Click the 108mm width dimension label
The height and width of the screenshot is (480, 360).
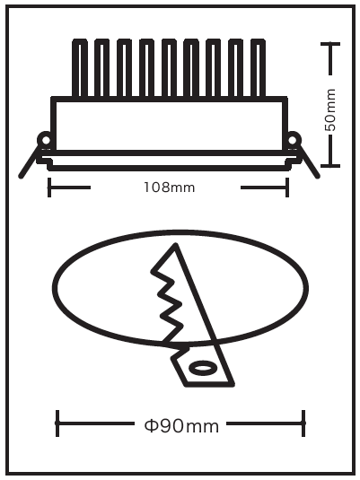pos(170,187)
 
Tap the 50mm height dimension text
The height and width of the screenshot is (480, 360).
pos(330,109)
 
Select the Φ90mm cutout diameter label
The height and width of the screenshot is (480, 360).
pos(181,426)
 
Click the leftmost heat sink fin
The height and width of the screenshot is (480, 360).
pos(80,68)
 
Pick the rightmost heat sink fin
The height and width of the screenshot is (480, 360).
pos(258,68)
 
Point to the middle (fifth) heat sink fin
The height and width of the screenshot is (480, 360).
pos(169,68)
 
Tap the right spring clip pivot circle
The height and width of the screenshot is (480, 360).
pos(293,140)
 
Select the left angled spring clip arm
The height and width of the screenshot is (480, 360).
pos(30,162)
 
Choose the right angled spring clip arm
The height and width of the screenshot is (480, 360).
pos(310,162)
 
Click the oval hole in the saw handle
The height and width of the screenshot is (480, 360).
pos(203,368)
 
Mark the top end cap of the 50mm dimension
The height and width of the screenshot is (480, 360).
pos(330,44)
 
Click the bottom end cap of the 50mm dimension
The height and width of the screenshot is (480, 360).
pos(330,166)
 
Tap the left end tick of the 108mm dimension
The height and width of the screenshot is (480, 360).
pos(49,187)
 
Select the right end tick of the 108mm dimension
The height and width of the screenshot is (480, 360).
pos(287,187)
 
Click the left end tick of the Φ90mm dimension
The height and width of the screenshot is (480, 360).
pos(57,423)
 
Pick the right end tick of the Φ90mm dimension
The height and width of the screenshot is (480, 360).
pos(303,423)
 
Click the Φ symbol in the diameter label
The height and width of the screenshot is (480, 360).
pos(151,426)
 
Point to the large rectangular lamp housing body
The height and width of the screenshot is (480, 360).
pos(169,126)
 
